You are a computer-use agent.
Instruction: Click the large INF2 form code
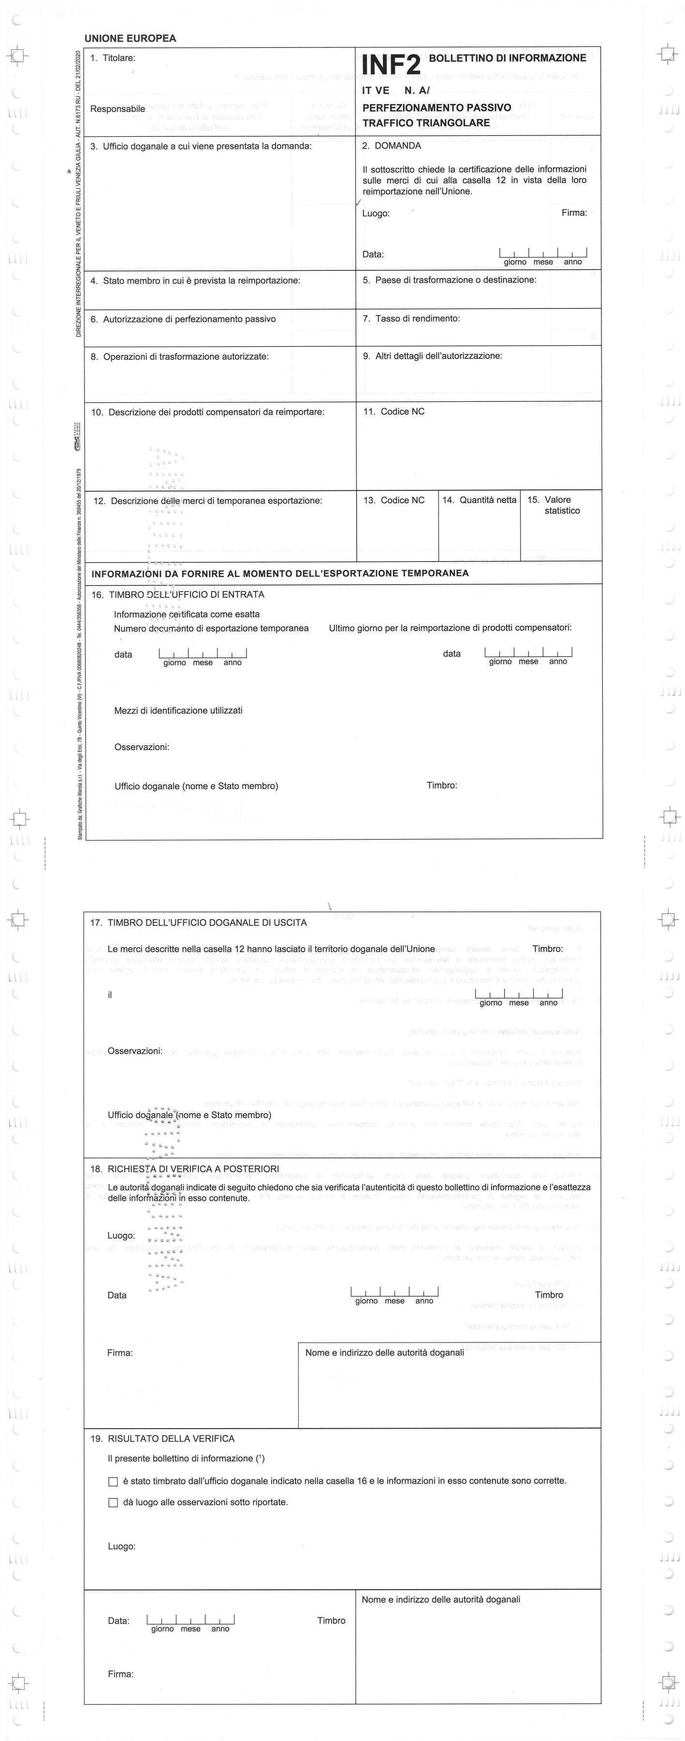click(391, 65)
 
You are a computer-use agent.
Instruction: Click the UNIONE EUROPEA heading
click(131, 39)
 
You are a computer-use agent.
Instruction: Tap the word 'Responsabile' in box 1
click(117, 109)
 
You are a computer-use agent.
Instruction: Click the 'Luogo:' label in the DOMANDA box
click(376, 214)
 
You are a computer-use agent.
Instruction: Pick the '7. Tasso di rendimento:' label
click(411, 318)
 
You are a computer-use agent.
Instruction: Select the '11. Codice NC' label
click(394, 412)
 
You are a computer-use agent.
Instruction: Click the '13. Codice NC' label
click(394, 500)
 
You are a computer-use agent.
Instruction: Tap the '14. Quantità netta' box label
click(479, 500)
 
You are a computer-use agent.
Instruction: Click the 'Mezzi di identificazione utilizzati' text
click(178, 710)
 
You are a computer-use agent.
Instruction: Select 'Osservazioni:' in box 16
click(142, 747)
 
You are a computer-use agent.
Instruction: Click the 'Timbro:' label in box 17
click(547, 949)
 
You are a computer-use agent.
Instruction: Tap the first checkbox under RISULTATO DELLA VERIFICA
click(113, 1481)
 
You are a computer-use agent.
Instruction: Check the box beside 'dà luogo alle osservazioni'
click(113, 1503)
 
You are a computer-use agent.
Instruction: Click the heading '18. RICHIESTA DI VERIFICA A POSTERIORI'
click(185, 1168)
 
